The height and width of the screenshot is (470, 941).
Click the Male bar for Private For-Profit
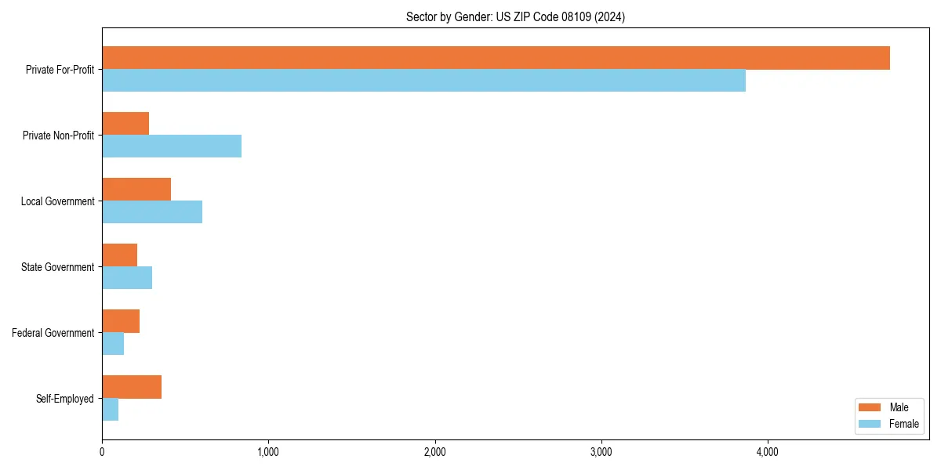coord(496,58)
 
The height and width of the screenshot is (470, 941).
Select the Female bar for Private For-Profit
coord(423,81)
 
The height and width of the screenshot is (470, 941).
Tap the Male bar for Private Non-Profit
coord(125,124)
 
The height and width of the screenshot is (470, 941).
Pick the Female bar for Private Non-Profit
coord(172,146)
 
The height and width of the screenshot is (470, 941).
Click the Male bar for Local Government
coord(136,190)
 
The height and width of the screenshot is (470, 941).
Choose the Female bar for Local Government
coord(152,212)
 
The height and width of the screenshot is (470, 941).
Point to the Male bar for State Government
coord(119,255)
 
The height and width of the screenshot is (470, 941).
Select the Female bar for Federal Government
coord(113,344)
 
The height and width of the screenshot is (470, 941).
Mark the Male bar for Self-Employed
coord(132,387)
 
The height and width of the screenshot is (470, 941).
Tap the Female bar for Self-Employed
coord(110,410)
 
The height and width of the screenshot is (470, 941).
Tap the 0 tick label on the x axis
coord(102,452)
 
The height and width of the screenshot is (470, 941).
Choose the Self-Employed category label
coord(65,399)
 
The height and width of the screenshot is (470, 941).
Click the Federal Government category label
coord(53,333)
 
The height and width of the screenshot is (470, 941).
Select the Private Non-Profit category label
coord(58,136)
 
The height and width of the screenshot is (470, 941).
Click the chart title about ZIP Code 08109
coord(515,16)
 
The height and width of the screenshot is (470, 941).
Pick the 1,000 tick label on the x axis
coord(268,452)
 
